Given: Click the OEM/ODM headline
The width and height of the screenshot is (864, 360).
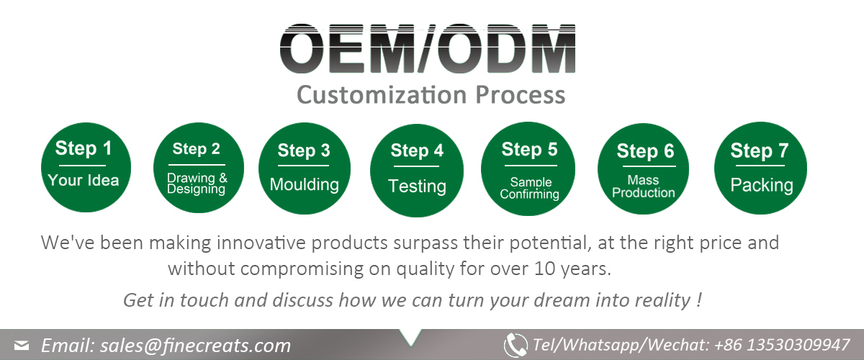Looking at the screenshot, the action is point(428,48).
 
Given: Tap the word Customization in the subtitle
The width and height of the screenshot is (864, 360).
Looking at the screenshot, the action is point(382,95).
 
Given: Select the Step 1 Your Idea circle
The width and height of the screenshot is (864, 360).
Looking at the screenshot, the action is point(86,168).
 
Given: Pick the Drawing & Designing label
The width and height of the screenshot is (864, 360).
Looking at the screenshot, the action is point(197,184).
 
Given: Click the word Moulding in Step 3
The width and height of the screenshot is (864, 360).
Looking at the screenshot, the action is point(305,184).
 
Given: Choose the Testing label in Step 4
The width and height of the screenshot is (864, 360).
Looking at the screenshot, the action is point(417,186).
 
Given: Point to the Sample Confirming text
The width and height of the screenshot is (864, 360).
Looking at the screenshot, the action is point(530,188).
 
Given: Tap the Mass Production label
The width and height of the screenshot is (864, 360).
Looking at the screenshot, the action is point(644,186).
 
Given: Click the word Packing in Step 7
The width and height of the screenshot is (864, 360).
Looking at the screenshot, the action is point(762,185).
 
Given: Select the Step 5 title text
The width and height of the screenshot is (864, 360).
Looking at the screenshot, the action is point(529,149).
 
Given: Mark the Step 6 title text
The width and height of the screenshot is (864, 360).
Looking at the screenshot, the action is point(645,151).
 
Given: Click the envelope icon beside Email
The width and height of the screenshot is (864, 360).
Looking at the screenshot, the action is point(22,346).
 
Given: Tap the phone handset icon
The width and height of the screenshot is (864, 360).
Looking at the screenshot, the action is point(516,345).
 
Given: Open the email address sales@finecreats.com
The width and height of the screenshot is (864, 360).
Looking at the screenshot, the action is point(195,346).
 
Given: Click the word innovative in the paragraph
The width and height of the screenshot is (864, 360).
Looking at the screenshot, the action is point(261,243).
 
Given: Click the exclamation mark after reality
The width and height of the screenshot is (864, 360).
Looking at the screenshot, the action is point(699,300).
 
